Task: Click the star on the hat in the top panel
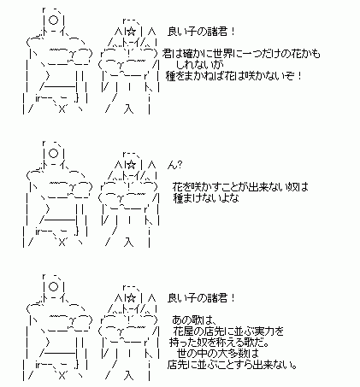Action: [x=131, y=32]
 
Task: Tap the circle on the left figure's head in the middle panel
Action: [x=54, y=154]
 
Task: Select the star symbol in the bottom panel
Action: [x=131, y=298]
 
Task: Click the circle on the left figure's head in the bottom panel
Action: [x=54, y=287]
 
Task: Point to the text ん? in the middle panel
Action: [x=174, y=165]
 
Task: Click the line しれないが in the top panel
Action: [x=200, y=65]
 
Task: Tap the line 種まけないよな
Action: [x=206, y=198]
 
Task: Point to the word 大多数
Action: [x=230, y=354]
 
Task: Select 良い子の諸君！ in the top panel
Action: [x=201, y=32]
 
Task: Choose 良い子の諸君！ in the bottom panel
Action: [x=201, y=298]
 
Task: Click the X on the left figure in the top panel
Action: [x=62, y=109]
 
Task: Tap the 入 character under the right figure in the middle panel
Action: [x=128, y=243]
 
